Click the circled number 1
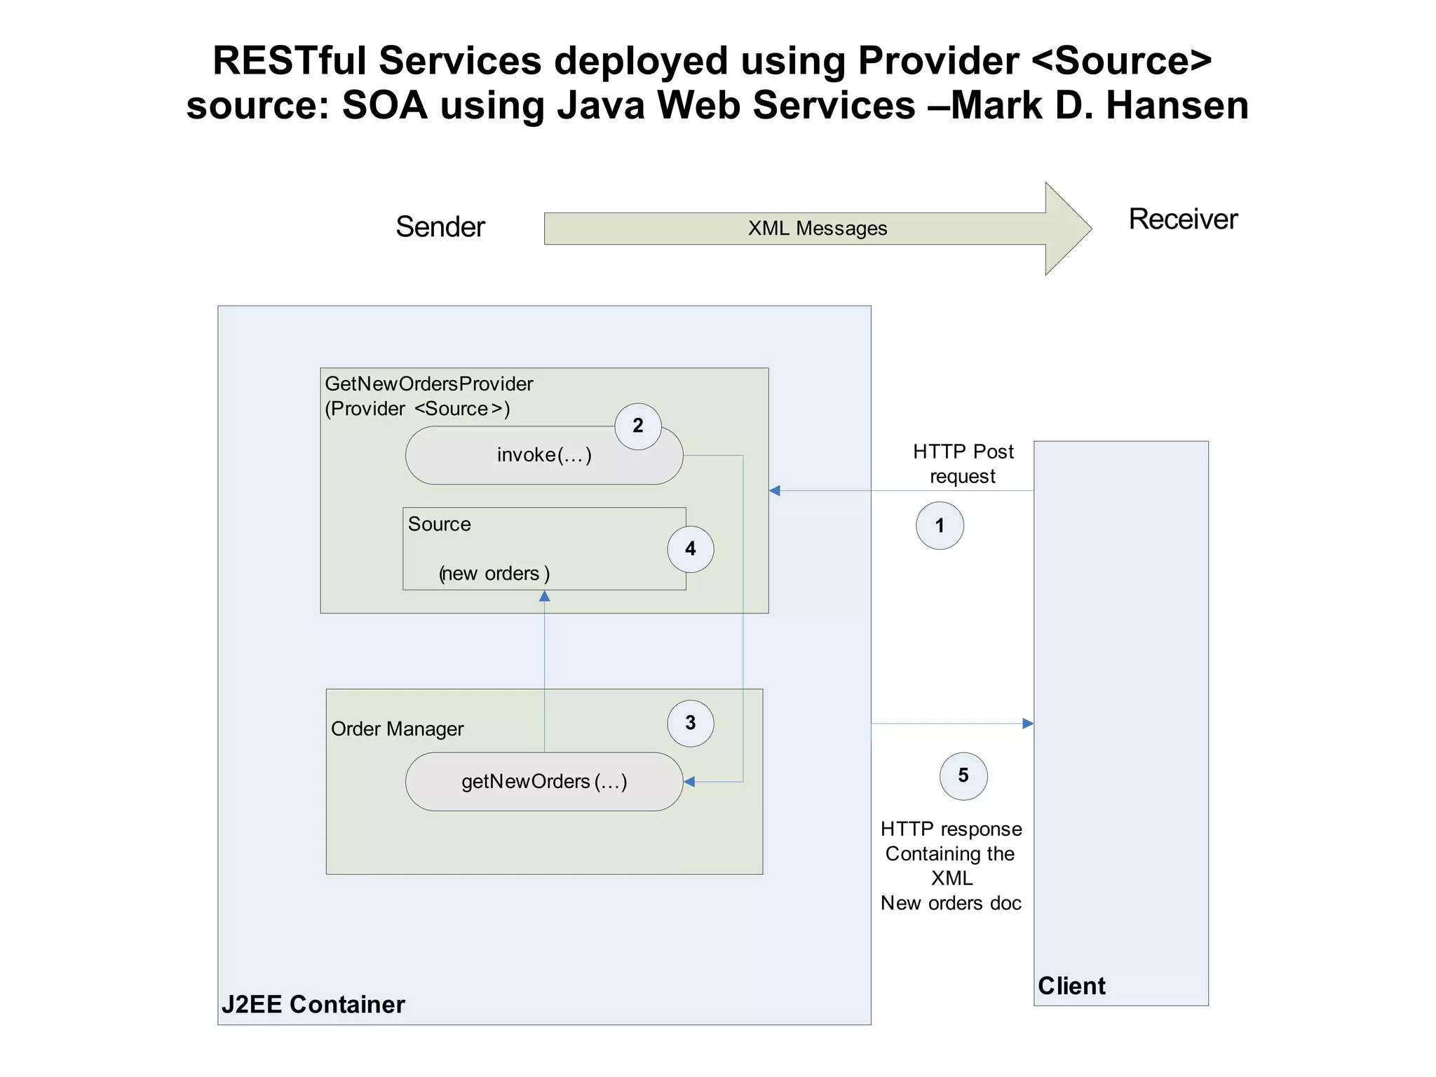[x=940, y=526]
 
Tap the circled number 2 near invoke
[x=638, y=426]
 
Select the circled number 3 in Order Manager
[x=691, y=723]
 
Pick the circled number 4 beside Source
[x=691, y=549]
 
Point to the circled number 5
[x=963, y=775]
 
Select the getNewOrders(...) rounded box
[x=544, y=782]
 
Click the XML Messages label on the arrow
[x=818, y=229]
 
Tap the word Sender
[x=440, y=227]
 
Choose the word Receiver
[x=1183, y=219]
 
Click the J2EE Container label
[x=313, y=1004]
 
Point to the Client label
[x=1071, y=986]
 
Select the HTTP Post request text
[x=963, y=463]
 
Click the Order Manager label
[x=397, y=729]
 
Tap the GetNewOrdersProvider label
[x=429, y=384]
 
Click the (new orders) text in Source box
[x=494, y=574]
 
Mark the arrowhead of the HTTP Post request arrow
[x=775, y=491]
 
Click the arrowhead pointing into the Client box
[x=1028, y=724]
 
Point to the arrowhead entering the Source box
[x=544, y=597]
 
